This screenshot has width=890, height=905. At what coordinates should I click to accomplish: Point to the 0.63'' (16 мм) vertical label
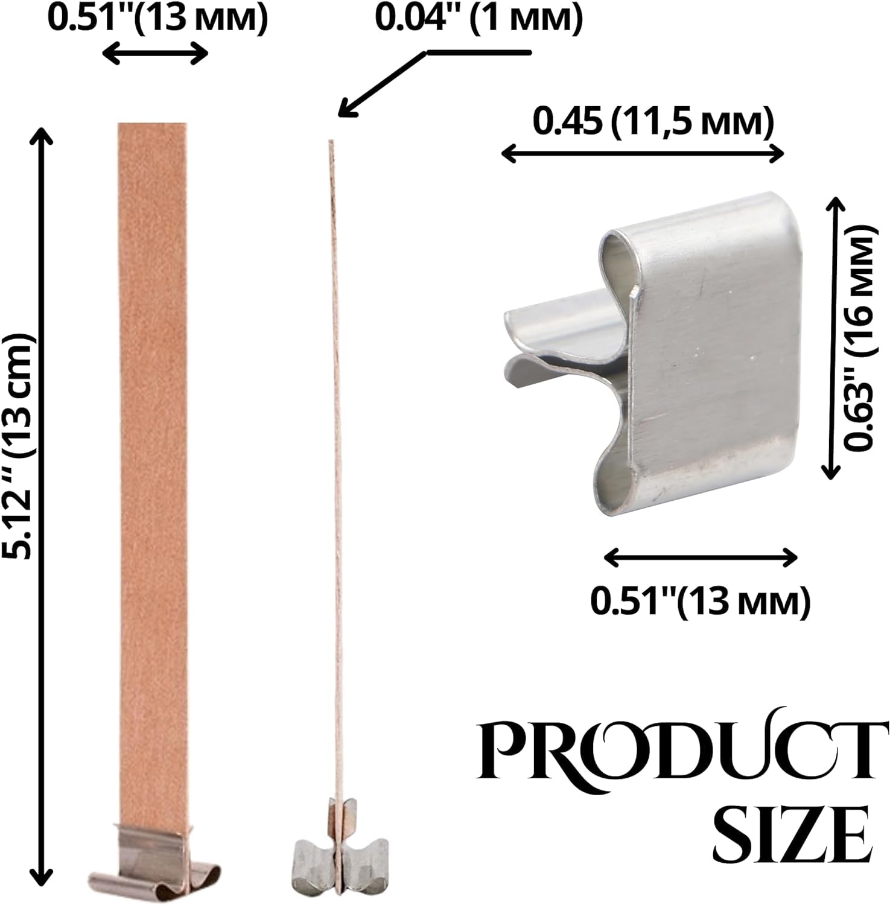tap(858, 342)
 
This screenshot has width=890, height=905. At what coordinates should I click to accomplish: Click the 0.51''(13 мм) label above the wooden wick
tap(157, 19)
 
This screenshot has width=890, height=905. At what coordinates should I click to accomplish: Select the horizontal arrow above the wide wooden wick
tap(155, 55)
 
